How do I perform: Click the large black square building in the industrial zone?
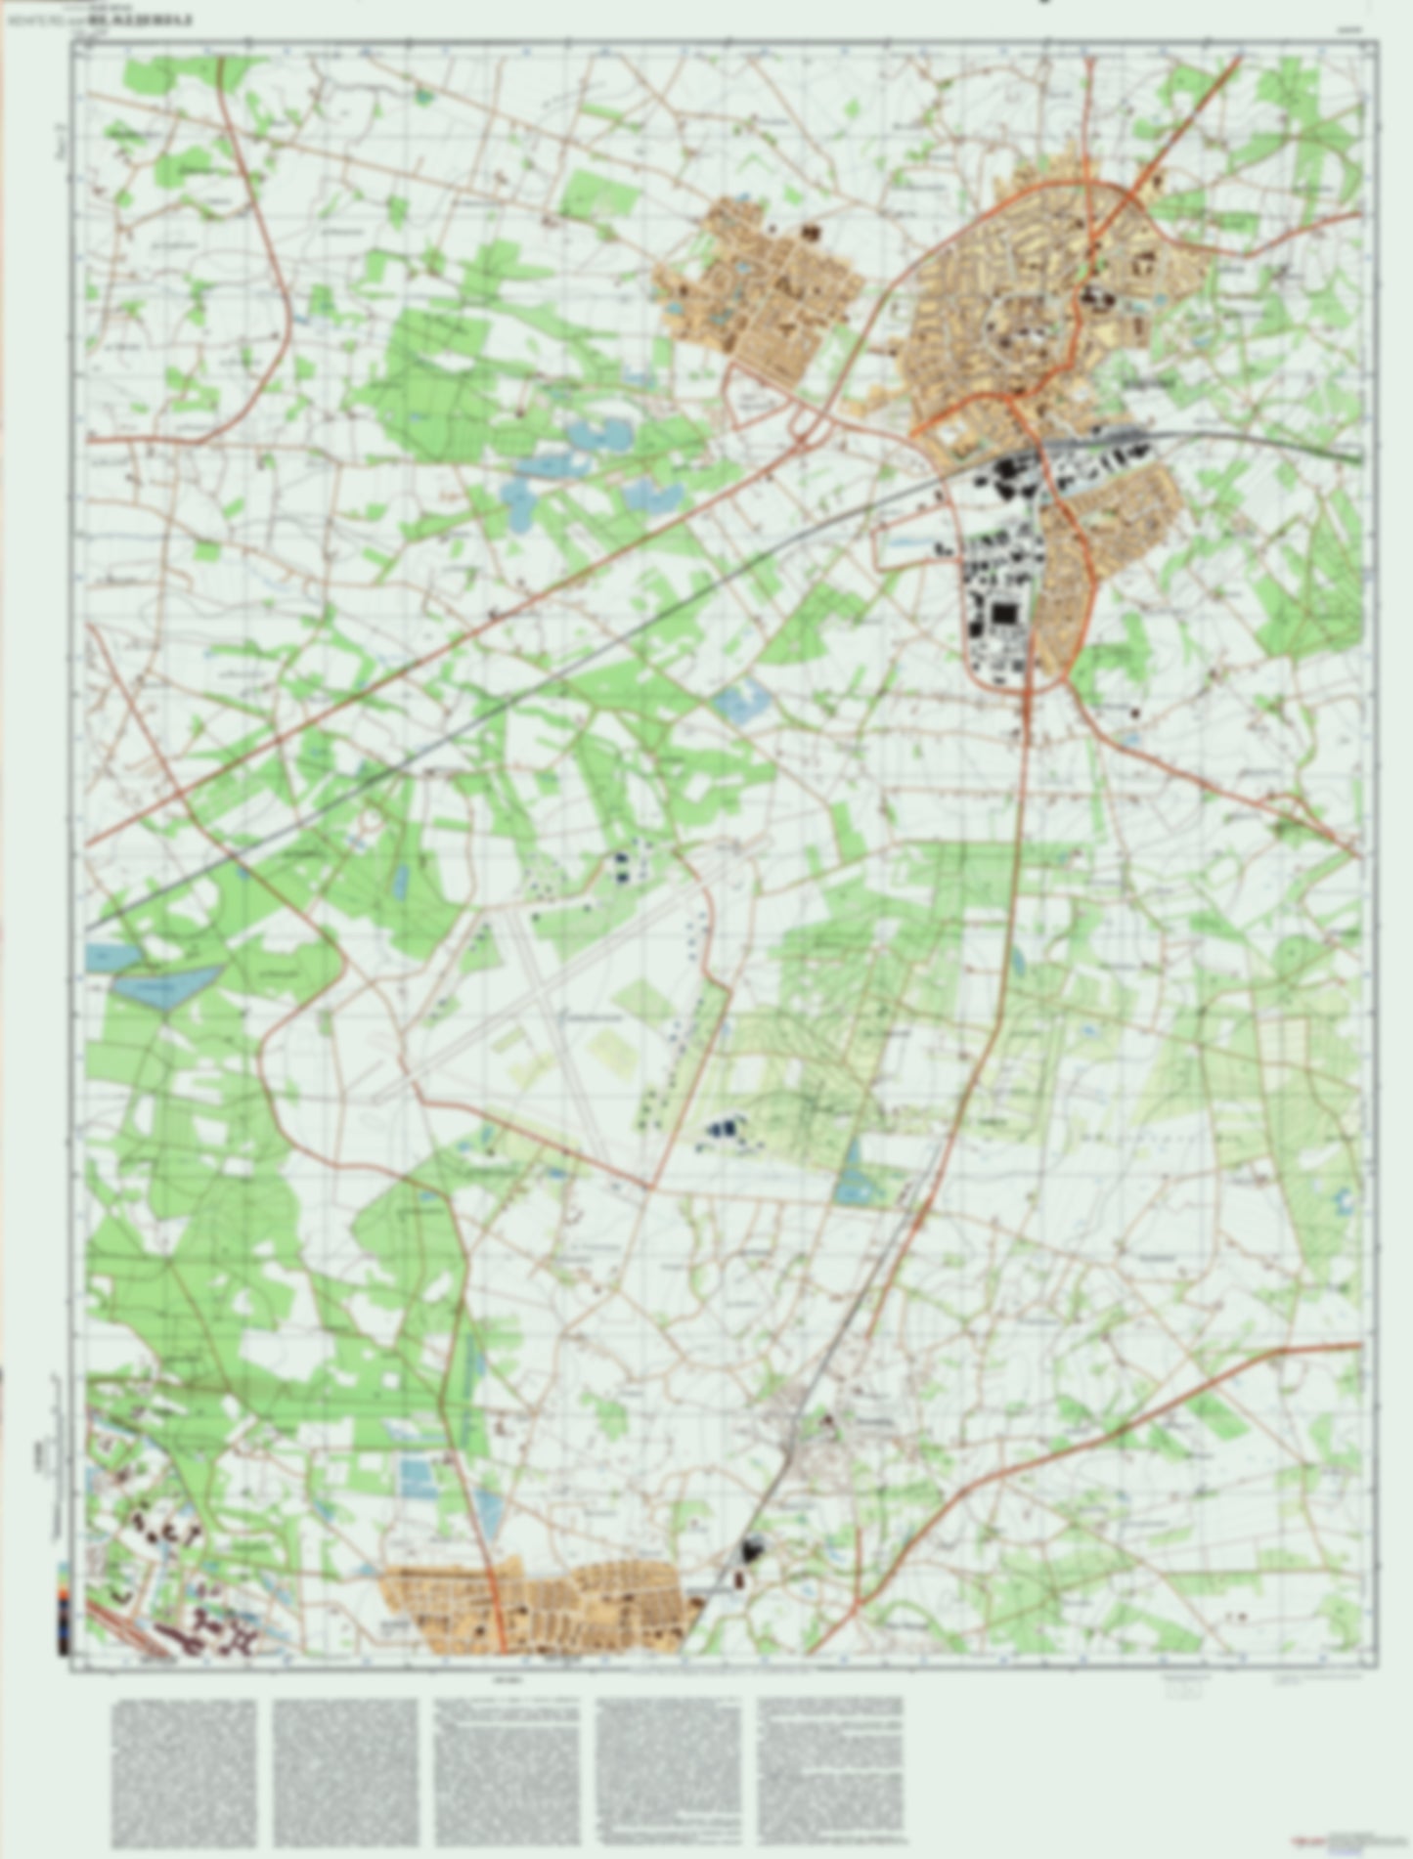1002,617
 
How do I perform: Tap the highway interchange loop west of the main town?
808,424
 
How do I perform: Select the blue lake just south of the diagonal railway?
742,700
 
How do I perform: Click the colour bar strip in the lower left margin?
65,1603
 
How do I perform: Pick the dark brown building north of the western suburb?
811,233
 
